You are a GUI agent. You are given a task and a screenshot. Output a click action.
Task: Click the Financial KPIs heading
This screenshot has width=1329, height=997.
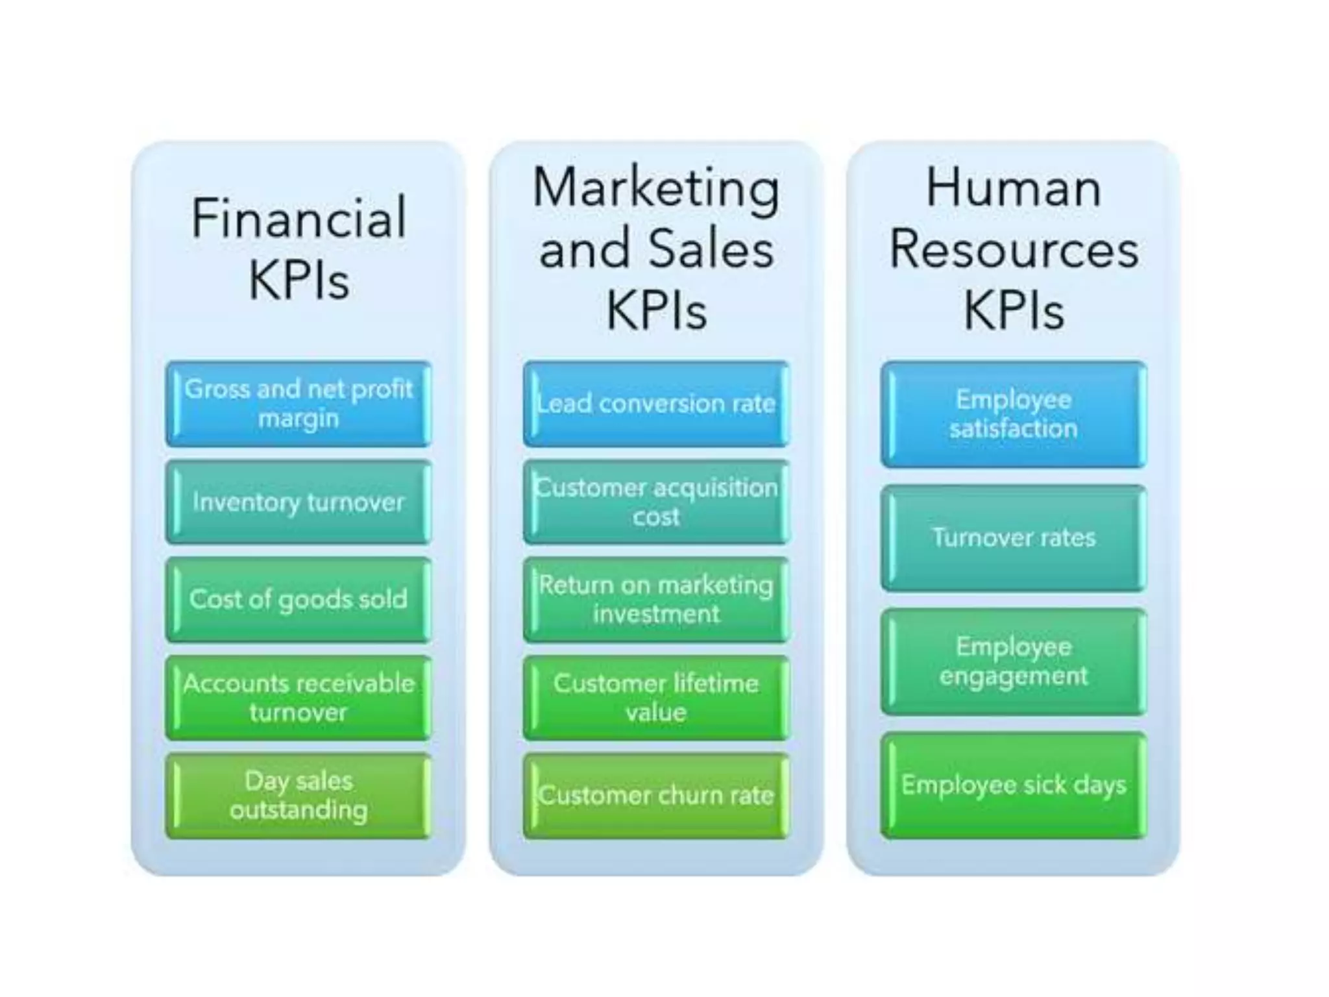(x=299, y=249)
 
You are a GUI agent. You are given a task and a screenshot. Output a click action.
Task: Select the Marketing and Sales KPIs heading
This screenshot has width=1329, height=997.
(x=656, y=249)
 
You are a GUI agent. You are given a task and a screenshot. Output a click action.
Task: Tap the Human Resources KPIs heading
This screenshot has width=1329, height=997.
(x=1014, y=249)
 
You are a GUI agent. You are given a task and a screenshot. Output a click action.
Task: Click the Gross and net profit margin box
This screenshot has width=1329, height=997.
(x=299, y=404)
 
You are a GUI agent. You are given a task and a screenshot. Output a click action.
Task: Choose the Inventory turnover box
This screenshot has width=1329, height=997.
(x=299, y=502)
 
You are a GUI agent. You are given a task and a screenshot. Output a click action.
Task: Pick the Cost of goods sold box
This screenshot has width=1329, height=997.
(x=299, y=599)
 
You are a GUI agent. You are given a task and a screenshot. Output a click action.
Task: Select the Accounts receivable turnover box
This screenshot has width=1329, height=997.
(x=299, y=698)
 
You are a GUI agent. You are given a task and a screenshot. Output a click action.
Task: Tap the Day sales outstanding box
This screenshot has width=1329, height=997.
(x=299, y=795)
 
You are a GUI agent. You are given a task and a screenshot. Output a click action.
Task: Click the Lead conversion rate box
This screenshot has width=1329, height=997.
(x=656, y=404)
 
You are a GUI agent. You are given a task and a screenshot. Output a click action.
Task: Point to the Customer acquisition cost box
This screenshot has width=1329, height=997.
(x=656, y=502)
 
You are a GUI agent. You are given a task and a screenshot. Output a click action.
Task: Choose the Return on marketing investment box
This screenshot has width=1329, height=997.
(x=656, y=599)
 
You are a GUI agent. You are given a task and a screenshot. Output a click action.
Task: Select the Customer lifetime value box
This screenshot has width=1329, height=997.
(x=656, y=698)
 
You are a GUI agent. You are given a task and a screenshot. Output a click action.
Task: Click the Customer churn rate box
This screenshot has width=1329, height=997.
(x=656, y=795)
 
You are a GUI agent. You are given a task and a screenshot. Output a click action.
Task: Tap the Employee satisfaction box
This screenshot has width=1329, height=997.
(x=1014, y=414)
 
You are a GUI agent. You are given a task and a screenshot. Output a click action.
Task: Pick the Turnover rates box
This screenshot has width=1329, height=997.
(x=1014, y=537)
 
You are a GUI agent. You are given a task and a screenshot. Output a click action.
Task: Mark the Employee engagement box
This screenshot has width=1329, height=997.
(x=1014, y=661)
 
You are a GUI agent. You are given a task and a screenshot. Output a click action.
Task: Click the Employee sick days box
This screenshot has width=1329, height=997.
(x=1014, y=785)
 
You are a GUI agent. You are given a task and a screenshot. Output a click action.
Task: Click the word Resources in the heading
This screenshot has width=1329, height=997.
(x=1014, y=250)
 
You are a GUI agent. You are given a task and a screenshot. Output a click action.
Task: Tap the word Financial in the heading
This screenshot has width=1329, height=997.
(x=299, y=218)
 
